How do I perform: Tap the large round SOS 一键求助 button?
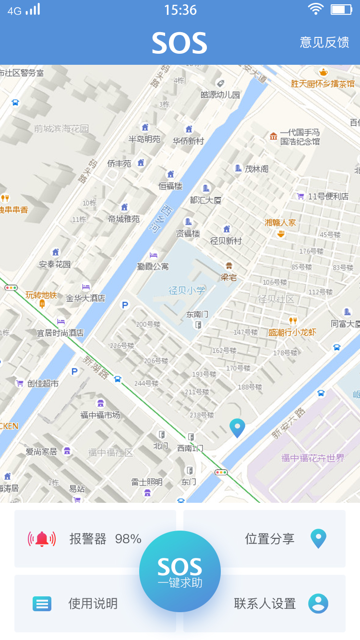tap(180, 571)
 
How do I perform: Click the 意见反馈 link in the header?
tap(324, 42)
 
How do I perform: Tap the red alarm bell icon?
tap(42, 539)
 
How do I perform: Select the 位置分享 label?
tap(270, 539)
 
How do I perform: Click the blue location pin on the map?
tap(237, 427)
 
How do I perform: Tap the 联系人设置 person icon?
tap(318, 604)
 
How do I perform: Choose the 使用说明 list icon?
tap(42, 604)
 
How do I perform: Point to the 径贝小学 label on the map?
tap(187, 290)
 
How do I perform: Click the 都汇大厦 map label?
tap(205, 200)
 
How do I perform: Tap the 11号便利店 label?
tap(328, 196)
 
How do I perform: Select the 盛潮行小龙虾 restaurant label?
tap(292, 332)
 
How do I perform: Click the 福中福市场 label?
tap(100, 415)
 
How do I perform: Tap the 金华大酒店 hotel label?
tap(85, 298)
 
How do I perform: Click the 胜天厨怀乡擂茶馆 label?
tap(323, 83)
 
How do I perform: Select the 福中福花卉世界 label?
tap(313, 458)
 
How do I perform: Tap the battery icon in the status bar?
tap(341, 10)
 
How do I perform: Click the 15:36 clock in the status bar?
tap(180, 10)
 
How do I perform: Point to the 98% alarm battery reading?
tap(128, 539)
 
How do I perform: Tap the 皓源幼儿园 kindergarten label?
tap(220, 95)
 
